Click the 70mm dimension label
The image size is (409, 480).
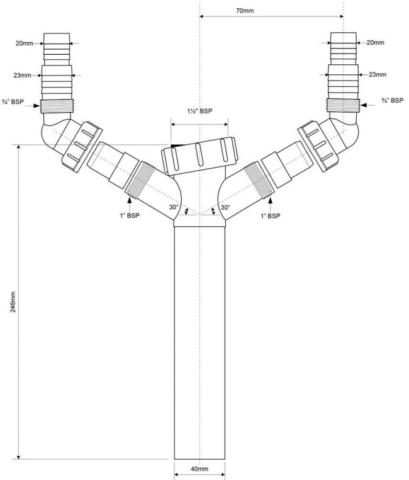pos(245,11)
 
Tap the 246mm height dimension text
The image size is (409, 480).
pos(13,302)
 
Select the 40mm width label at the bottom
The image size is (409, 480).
pos(199,469)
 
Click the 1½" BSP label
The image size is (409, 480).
pos(199,111)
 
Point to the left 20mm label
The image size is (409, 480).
pos(25,43)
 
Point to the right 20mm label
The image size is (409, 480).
pos(376,43)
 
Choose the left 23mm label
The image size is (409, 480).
pos(22,75)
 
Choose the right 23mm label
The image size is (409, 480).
pos(378,74)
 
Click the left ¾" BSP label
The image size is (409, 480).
pos(13,101)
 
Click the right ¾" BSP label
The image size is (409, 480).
pos(393,100)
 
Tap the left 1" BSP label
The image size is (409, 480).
pos(130,215)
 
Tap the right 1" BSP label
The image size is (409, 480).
pos(270,216)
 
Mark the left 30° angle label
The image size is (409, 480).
pos(174,207)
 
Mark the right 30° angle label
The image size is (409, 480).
pos(225,207)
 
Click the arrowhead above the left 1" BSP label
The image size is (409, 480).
pos(129,200)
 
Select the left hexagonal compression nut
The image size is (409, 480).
pos(82,147)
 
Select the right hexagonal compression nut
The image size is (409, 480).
pos(318,146)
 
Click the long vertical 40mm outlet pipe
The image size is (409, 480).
pos(199,342)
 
